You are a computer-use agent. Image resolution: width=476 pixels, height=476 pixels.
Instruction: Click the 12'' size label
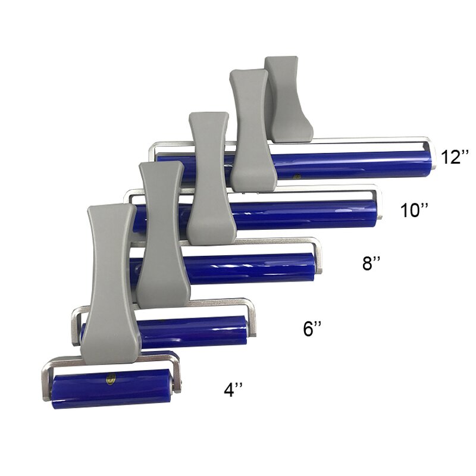(x=455, y=157)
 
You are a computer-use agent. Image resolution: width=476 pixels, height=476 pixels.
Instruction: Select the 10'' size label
(x=414, y=210)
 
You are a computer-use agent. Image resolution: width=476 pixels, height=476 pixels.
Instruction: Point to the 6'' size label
(x=313, y=328)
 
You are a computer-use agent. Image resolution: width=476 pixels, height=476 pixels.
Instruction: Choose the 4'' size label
(x=233, y=390)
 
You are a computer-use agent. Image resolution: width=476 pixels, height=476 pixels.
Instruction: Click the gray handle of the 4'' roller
(x=113, y=280)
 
